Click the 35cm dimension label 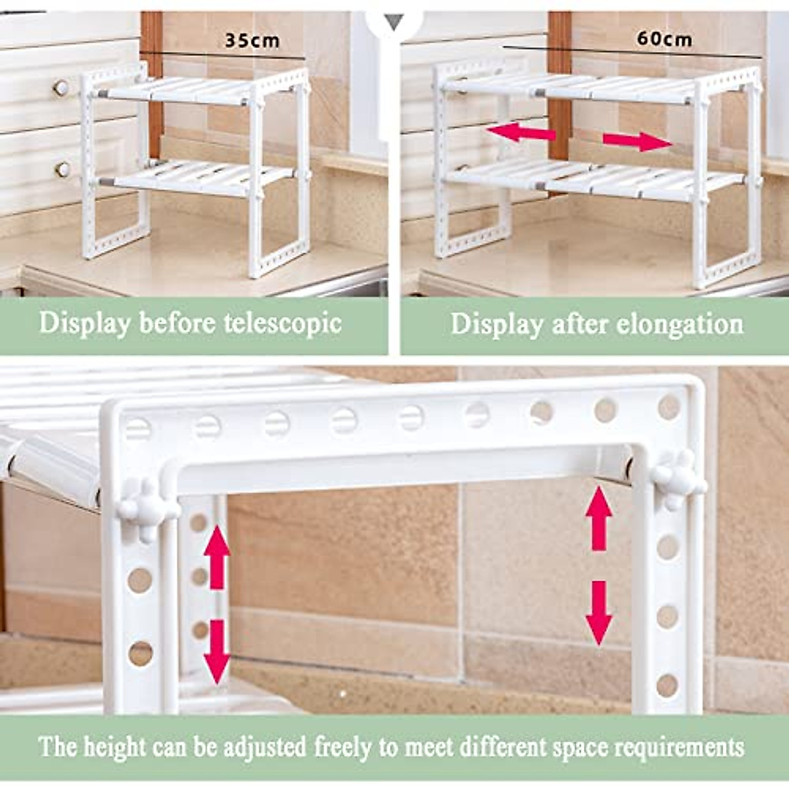252,41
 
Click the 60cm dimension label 664,39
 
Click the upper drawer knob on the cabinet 61,87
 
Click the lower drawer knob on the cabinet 62,169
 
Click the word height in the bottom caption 116,747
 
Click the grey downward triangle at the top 394,24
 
